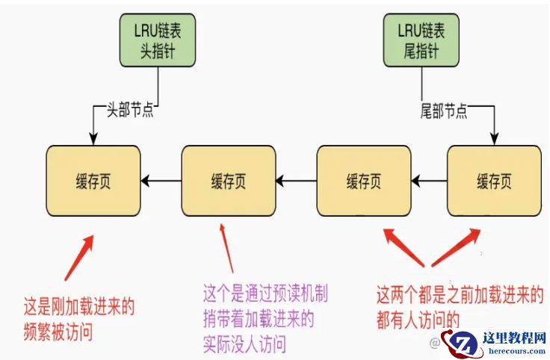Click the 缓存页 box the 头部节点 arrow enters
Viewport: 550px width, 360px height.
click(93, 181)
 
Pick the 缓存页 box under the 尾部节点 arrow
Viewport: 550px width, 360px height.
click(494, 181)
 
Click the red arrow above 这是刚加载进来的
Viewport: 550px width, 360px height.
click(79, 257)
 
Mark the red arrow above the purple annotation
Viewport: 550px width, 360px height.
click(226, 246)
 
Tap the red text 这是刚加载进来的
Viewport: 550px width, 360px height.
click(81, 306)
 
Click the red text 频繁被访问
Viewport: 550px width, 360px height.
click(58, 332)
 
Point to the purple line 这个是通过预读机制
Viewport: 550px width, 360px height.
click(266, 293)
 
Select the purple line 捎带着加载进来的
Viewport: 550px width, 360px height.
click(259, 320)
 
